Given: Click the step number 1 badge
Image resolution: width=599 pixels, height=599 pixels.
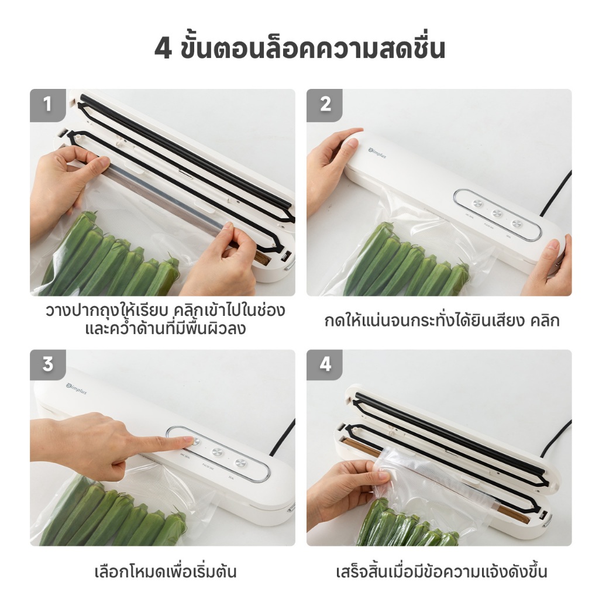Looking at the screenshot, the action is tap(48, 105).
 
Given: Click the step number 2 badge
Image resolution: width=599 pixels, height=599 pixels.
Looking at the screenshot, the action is tap(324, 105).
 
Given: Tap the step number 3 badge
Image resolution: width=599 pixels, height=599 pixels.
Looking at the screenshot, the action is tap(48, 365).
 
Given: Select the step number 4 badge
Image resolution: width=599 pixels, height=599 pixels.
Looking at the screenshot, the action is tap(324, 365).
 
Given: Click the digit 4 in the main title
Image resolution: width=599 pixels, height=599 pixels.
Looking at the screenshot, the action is tap(163, 49).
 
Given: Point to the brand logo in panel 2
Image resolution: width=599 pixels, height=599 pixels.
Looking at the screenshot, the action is tap(377, 153).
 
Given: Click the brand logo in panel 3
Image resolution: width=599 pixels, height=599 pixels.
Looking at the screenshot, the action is tap(77, 389).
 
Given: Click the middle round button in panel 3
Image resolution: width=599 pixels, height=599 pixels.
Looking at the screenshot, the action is tap(218, 453).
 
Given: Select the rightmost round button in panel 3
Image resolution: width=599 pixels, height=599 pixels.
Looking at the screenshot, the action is tap(240, 463).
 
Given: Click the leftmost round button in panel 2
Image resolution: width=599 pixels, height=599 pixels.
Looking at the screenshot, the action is tap(477, 203).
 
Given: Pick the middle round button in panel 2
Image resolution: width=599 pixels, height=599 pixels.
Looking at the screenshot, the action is tap(497, 214).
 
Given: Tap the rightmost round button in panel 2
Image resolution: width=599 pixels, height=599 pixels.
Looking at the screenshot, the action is tap(517, 224).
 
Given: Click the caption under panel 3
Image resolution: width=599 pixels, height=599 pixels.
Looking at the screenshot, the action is tap(166, 572).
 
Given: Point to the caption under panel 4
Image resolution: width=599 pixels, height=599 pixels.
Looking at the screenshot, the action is tap(442, 572).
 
